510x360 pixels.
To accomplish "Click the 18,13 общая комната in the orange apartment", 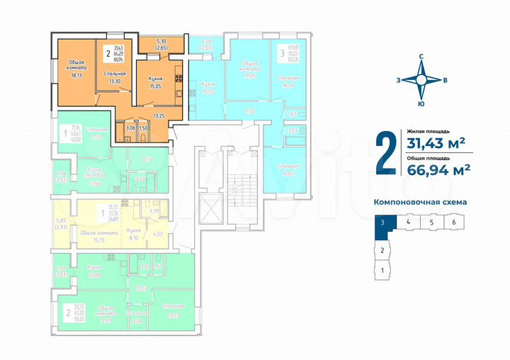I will tap(76, 69).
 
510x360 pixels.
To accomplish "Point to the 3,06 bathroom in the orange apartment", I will tap(129, 129).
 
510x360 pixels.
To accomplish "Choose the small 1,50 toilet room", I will tap(143, 129).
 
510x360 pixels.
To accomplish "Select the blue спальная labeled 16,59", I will tap(288, 81).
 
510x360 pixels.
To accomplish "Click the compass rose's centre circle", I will tap(421, 80).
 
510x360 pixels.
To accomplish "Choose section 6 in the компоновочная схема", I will tap(454, 223).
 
